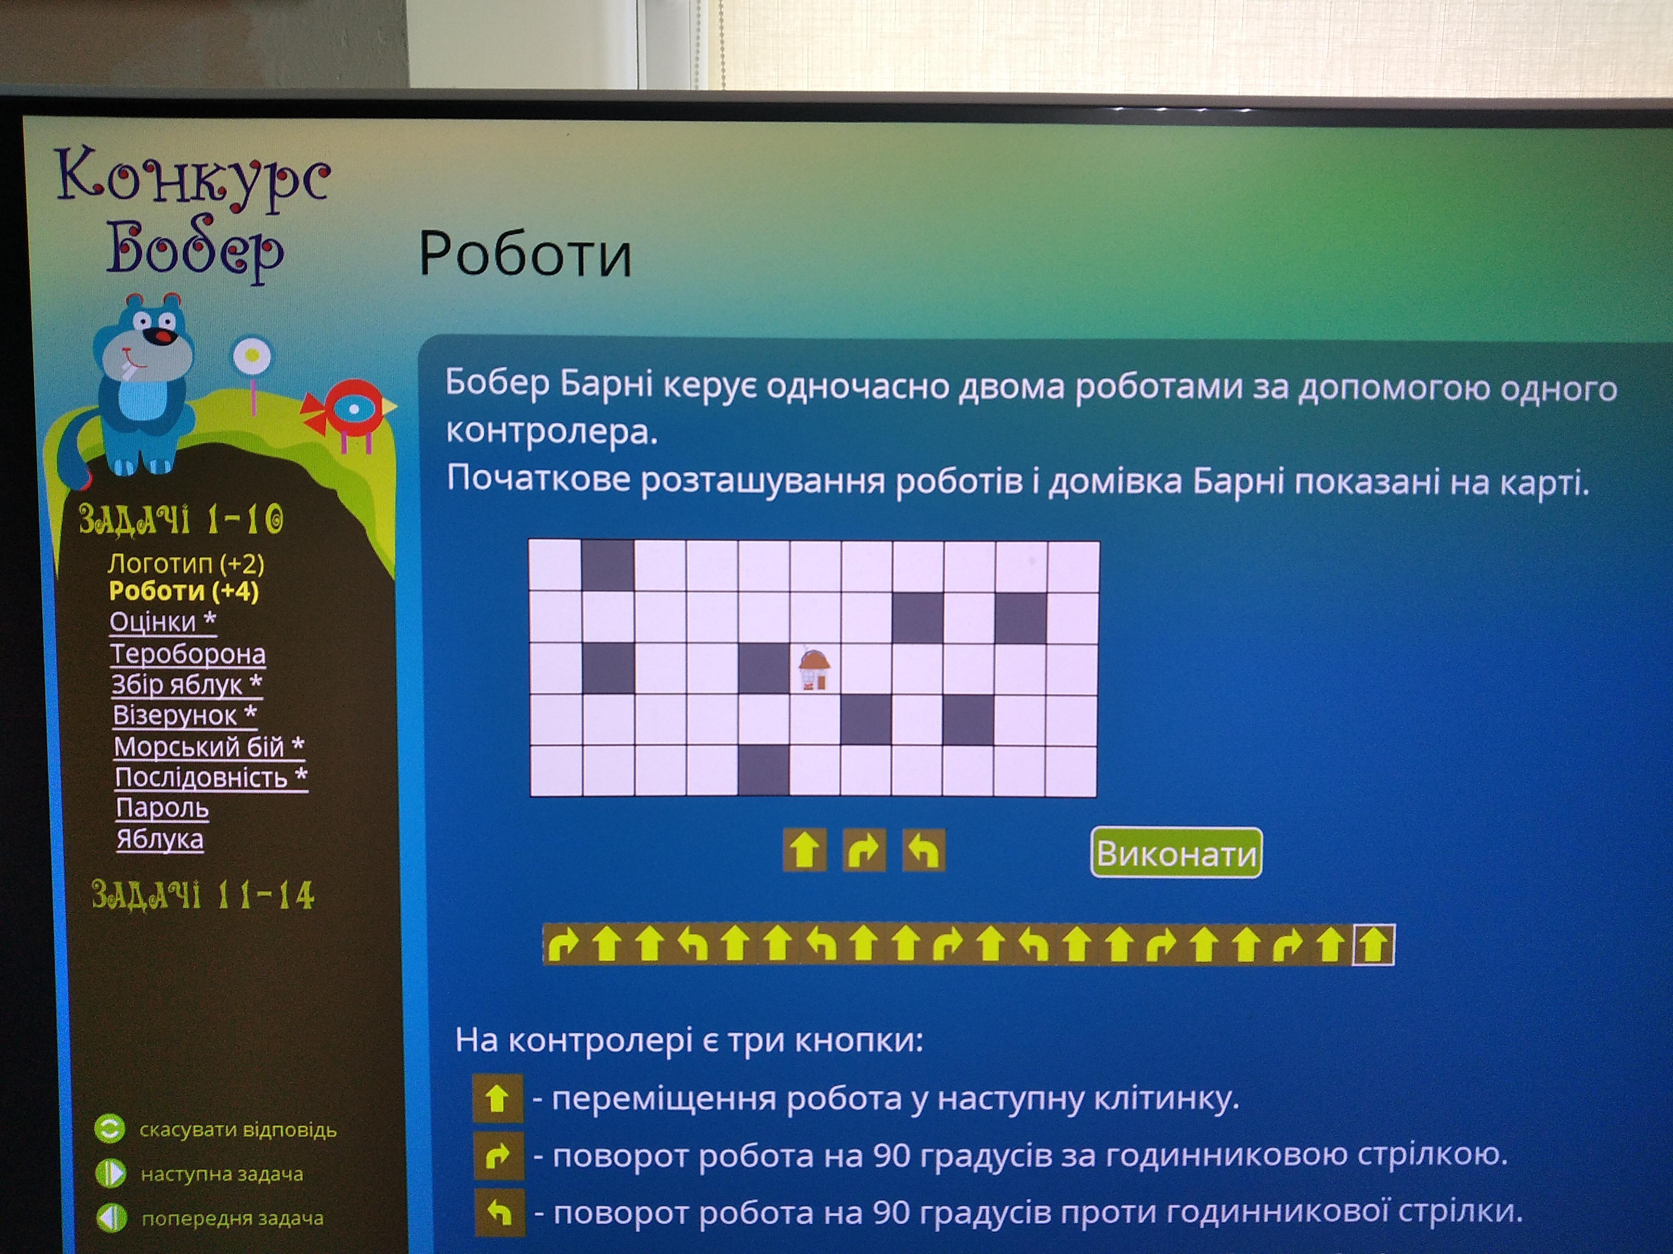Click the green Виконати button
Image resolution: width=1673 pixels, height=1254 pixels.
(x=1176, y=853)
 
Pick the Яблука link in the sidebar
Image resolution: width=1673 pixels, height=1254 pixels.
(x=160, y=839)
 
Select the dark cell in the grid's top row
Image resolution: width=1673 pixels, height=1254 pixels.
(x=608, y=565)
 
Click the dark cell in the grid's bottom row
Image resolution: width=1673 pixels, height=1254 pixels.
(x=763, y=770)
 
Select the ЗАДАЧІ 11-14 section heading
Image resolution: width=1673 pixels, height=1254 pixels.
(x=203, y=895)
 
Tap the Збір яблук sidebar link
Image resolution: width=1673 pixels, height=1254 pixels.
(x=186, y=684)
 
